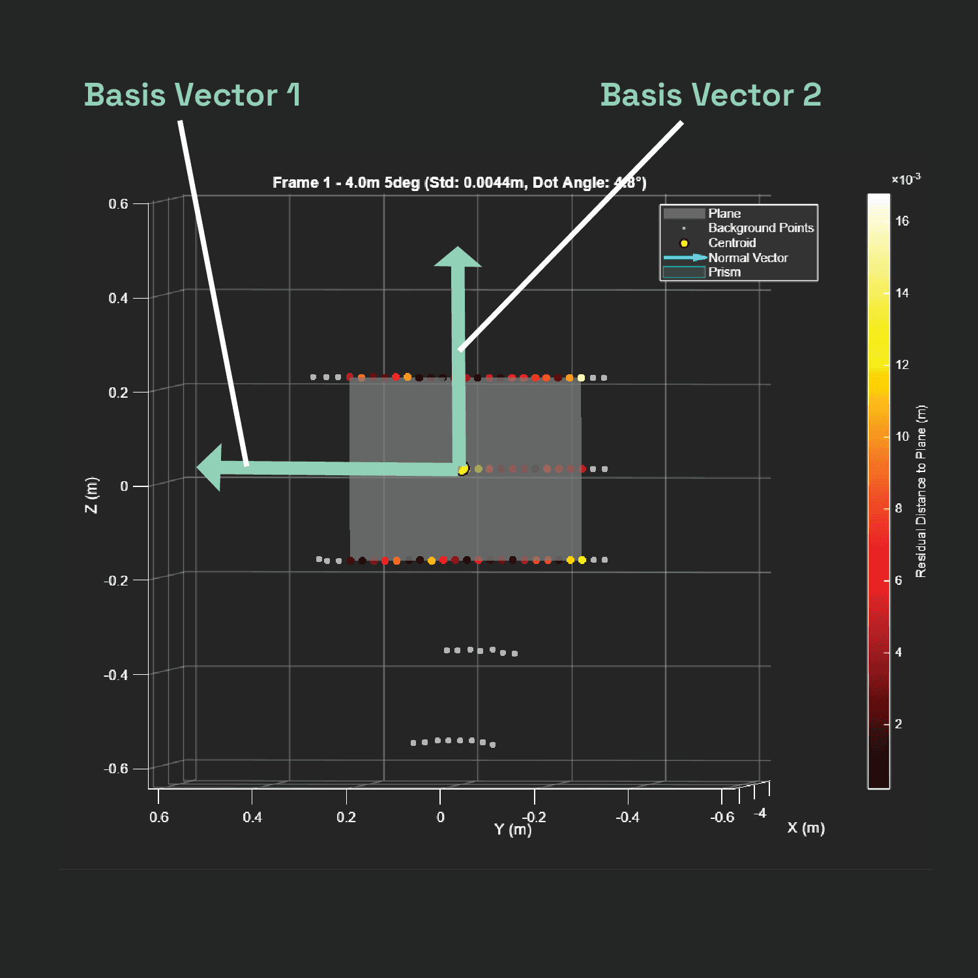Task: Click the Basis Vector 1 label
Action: click(x=192, y=95)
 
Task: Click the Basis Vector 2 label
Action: click(x=711, y=95)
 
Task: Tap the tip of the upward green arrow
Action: click(x=458, y=248)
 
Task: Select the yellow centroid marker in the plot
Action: click(x=463, y=469)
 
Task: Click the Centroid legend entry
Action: click(x=732, y=243)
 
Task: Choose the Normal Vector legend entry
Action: click(x=748, y=258)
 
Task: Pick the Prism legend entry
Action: click(x=724, y=272)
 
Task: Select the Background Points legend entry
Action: click(x=760, y=228)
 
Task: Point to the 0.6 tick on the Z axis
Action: click(x=119, y=204)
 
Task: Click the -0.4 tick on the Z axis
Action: click(x=116, y=675)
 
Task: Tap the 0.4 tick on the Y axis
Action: click(x=252, y=817)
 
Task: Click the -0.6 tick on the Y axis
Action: click(x=722, y=817)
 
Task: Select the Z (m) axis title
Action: click(x=92, y=495)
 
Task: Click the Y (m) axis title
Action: click(x=512, y=829)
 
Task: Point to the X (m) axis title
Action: click(x=806, y=828)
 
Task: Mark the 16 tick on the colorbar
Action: click(x=902, y=221)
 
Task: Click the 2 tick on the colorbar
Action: click(x=898, y=724)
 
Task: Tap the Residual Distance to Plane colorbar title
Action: click(x=921, y=491)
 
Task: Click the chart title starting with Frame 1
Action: click(x=459, y=183)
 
